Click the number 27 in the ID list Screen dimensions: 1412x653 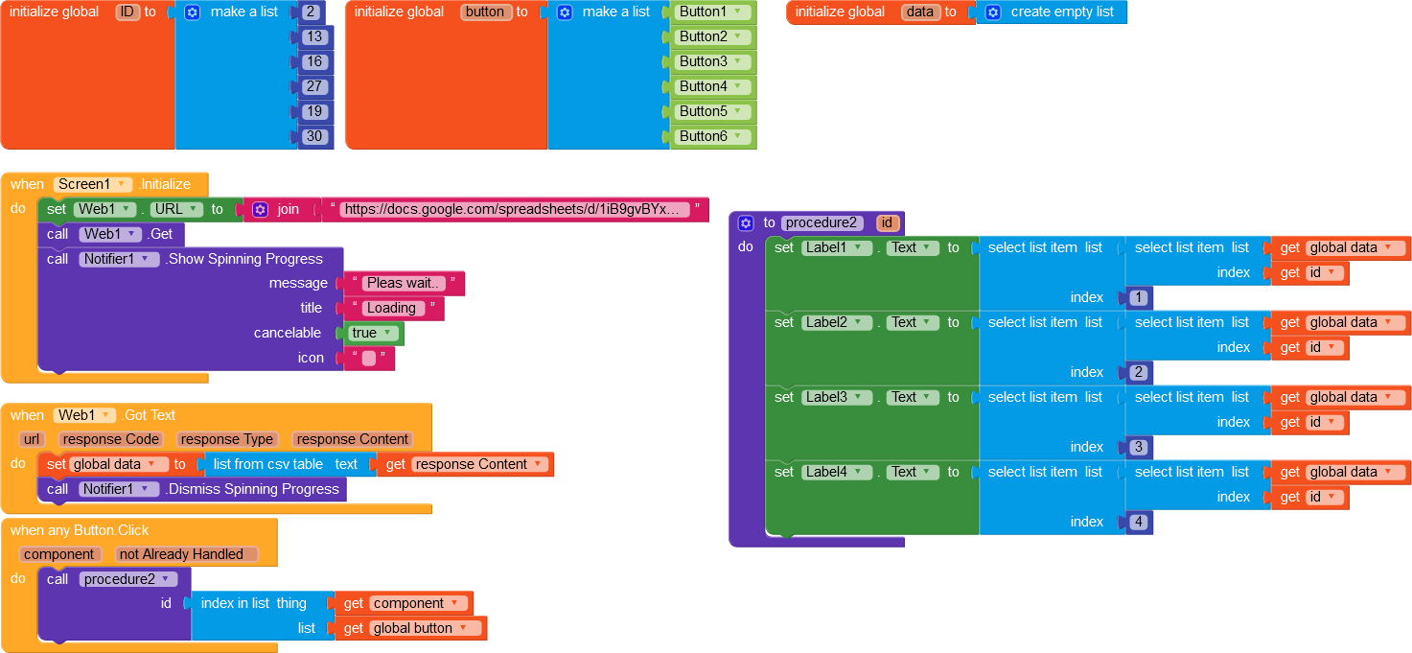click(x=313, y=86)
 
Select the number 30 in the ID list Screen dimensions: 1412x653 click(x=313, y=136)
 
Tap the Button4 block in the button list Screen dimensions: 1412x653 click(x=711, y=86)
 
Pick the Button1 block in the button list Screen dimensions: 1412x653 click(x=711, y=12)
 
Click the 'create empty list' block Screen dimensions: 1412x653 click(x=1051, y=12)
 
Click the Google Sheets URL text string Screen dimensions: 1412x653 click(x=515, y=209)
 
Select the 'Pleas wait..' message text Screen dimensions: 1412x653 click(x=404, y=283)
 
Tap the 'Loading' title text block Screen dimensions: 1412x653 click(x=393, y=308)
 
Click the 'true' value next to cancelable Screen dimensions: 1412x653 click(x=372, y=333)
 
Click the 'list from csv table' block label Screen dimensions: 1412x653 click(x=267, y=464)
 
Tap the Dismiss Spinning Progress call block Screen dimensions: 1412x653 click(x=193, y=489)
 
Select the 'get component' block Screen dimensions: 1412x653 click(x=404, y=603)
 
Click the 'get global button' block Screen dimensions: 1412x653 click(x=410, y=628)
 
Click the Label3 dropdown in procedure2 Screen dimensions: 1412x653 click(x=835, y=397)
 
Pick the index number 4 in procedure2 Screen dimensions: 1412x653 click(x=1139, y=522)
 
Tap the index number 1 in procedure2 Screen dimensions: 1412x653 click(x=1139, y=297)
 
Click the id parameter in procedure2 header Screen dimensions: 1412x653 click(x=887, y=222)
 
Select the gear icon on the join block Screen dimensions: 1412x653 click(x=261, y=209)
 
